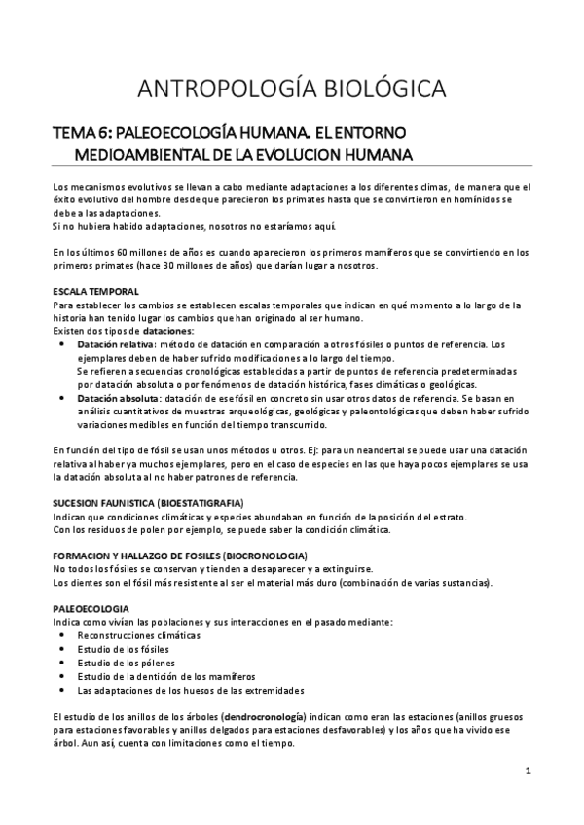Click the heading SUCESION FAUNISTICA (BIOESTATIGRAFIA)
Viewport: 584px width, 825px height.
(148, 502)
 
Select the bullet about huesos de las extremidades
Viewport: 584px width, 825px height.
(190, 690)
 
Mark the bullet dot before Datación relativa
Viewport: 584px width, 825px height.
(63, 344)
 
